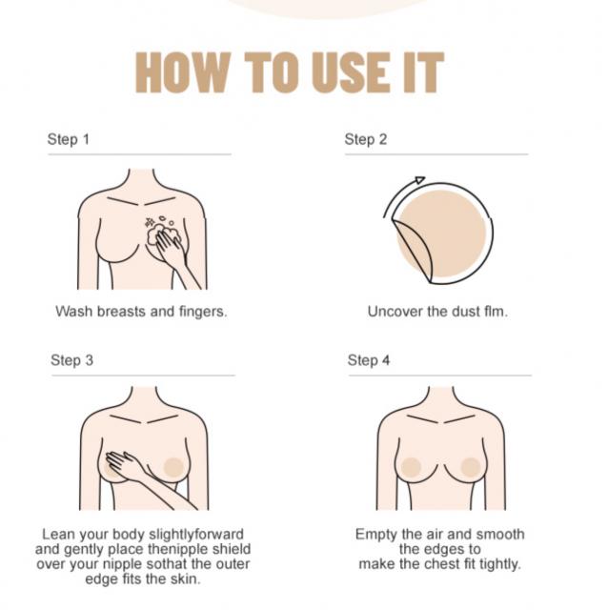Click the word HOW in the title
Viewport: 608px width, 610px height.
(x=183, y=72)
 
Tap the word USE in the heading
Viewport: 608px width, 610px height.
(x=350, y=72)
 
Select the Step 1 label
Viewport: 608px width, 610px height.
(x=68, y=139)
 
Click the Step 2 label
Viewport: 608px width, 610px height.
(x=366, y=139)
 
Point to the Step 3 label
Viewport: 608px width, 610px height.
(x=72, y=360)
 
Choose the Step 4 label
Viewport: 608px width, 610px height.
(x=369, y=360)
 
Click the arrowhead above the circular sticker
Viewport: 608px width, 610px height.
(x=420, y=180)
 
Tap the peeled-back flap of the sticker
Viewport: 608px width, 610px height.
(x=413, y=249)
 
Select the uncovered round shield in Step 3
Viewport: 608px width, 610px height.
(x=173, y=467)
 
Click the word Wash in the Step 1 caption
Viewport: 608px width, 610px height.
(x=74, y=312)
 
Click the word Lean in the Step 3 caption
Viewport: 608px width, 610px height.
(x=58, y=535)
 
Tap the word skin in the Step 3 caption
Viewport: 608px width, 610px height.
(x=185, y=579)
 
